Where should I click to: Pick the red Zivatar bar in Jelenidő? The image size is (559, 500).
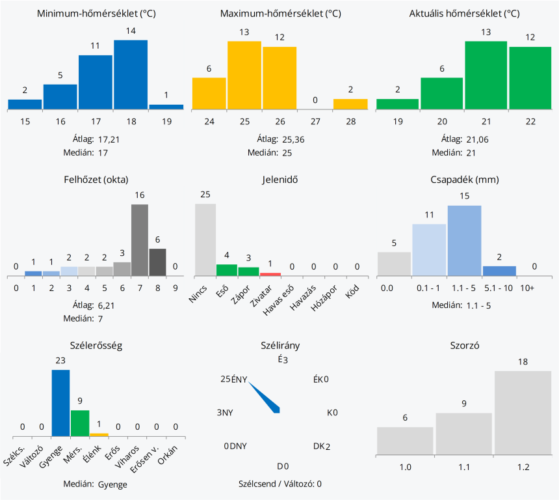pyautogui.click(x=270, y=274)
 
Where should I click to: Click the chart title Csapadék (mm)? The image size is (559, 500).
pyautogui.click(x=464, y=180)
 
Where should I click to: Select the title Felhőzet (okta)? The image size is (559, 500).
pyautogui.click(x=97, y=180)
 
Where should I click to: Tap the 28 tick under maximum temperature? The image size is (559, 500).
pyautogui.click(x=350, y=121)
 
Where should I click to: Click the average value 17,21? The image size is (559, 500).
pyautogui.click(x=109, y=139)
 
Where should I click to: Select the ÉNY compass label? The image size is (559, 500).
pyautogui.click(x=239, y=380)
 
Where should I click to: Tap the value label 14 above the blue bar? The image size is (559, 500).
pyautogui.click(x=131, y=31)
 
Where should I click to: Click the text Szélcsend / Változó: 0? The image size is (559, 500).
pyautogui.click(x=280, y=484)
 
